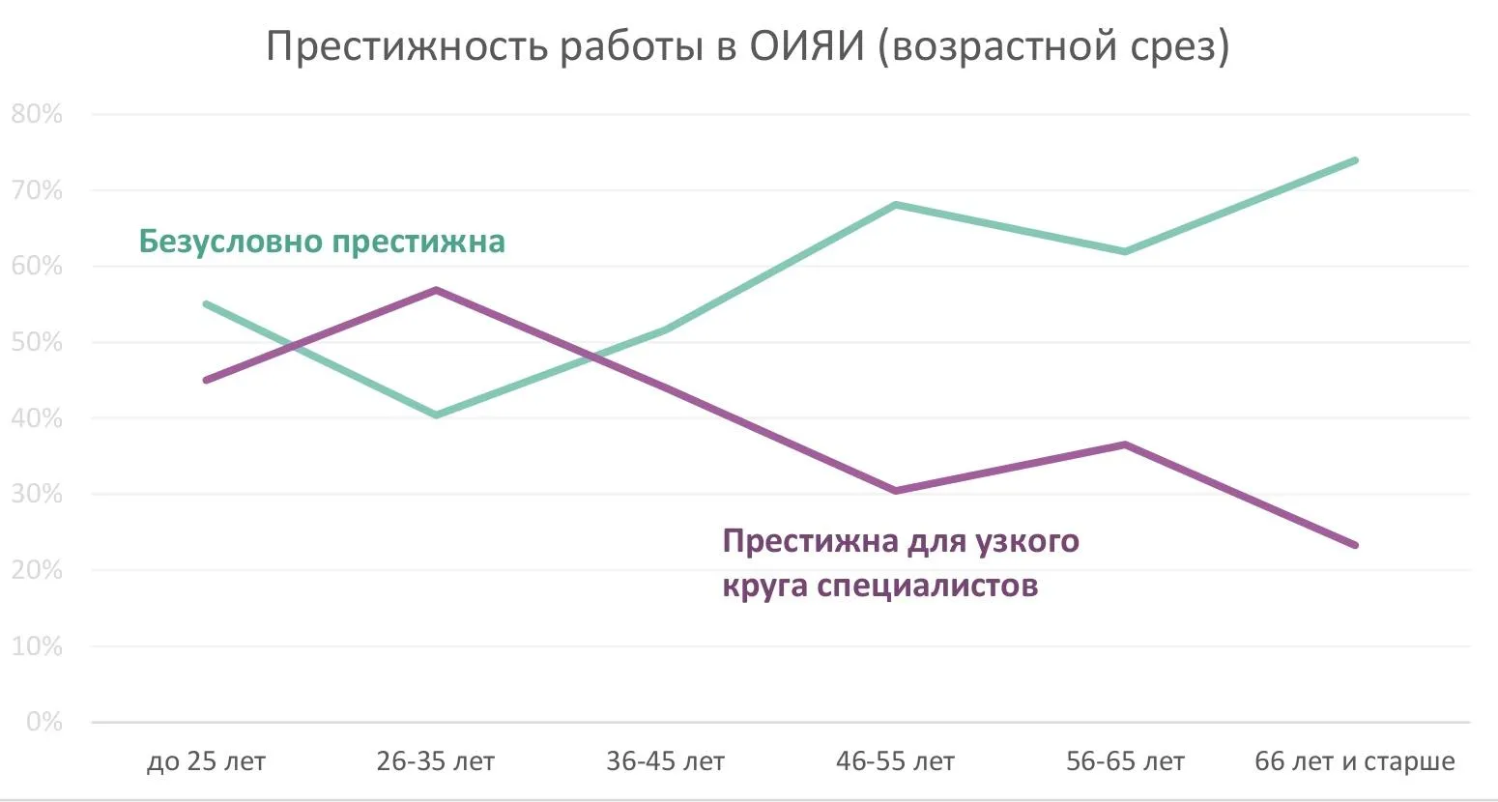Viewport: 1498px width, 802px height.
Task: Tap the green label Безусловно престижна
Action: coord(322,241)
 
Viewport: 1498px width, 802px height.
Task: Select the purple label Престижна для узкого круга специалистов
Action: coord(900,562)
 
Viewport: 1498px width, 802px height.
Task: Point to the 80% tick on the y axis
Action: coord(37,114)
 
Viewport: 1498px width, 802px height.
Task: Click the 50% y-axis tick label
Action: coord(37,342)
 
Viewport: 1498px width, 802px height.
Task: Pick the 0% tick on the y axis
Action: coord(43,722)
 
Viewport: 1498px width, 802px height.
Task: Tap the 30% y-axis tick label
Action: coord(37,494)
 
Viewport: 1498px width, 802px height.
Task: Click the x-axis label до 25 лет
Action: coord(206,761)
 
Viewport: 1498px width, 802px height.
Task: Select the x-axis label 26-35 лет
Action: coord(436,761)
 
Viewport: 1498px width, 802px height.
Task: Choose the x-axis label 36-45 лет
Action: coord(666,761)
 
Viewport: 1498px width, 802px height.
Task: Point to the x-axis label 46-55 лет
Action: coord(896,761)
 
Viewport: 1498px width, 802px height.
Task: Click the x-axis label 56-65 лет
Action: coord(1126,761)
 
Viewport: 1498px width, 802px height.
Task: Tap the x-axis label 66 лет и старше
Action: coord(1355,761)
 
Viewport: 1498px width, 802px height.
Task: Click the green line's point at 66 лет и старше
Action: coord(1355,160)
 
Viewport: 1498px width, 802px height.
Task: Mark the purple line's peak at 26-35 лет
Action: coord(436,290)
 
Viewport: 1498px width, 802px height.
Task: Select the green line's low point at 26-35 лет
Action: coord(436,415)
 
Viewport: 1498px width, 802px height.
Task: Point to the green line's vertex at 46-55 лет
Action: coord(896,205)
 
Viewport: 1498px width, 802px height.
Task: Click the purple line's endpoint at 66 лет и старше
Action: coord(1355,545)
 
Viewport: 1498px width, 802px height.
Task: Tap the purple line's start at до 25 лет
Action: coord(206,380)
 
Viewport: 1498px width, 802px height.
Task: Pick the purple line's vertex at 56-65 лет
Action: coord(1126,444)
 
